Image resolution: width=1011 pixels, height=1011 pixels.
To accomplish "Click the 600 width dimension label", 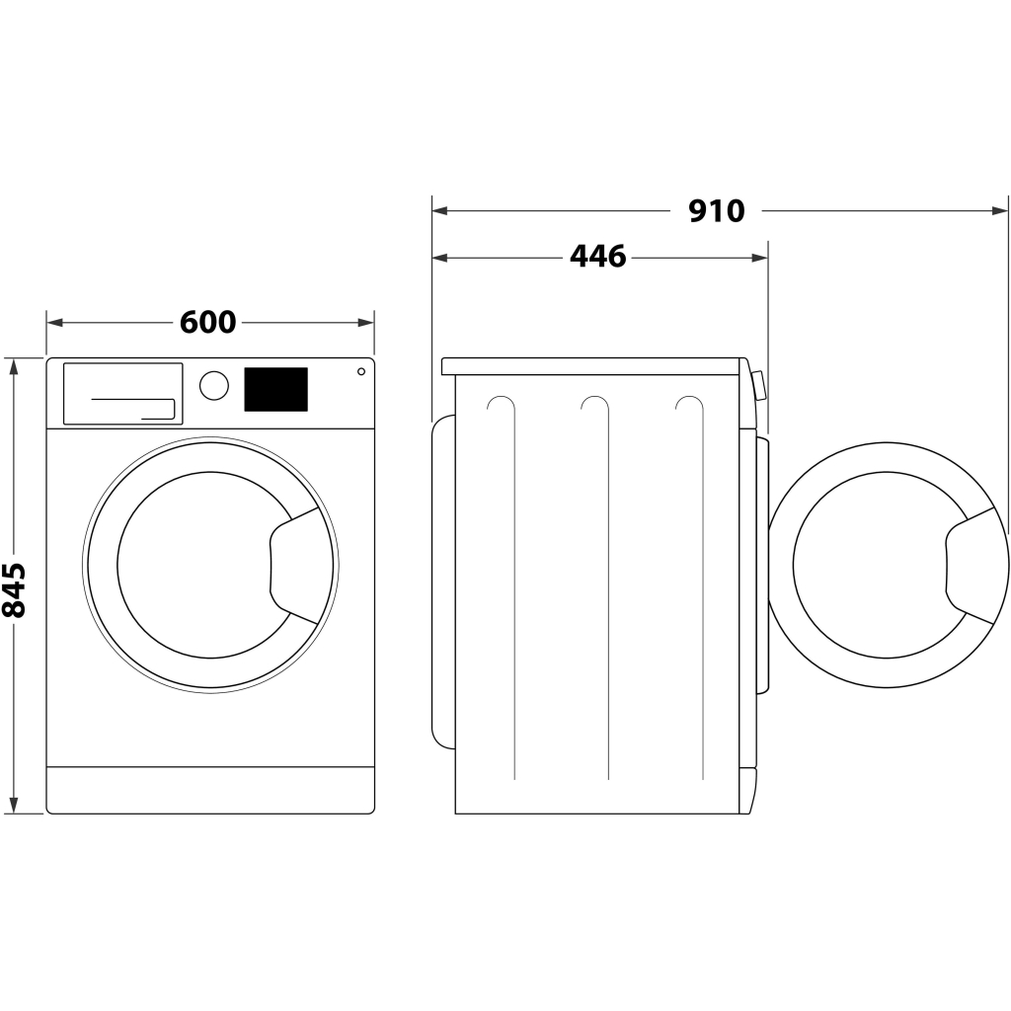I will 208,322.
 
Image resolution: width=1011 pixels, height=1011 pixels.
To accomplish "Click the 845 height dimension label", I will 14,589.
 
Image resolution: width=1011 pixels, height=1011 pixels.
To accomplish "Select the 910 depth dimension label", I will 717,210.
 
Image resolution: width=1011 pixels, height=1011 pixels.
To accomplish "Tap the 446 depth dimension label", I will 598,257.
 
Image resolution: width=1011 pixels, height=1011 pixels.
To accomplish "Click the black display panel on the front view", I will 275,389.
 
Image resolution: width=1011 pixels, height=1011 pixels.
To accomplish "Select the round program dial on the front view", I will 213,385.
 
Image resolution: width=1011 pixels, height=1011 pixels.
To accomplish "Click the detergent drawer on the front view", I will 123,393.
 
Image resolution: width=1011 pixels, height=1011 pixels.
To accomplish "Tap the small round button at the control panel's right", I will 361,371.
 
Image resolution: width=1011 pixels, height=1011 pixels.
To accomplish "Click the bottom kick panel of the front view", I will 210,790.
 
